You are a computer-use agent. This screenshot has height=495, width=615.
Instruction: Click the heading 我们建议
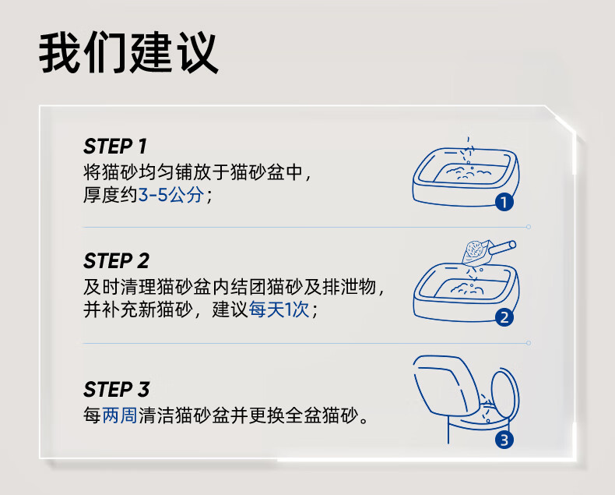[128, 53]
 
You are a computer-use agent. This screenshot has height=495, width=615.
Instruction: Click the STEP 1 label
[115, 147]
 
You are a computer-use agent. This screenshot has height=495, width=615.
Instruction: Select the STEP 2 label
[116, 261]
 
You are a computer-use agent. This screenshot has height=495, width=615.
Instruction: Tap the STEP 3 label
[117, 389]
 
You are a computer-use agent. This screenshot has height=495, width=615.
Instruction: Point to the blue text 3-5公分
[171, 195]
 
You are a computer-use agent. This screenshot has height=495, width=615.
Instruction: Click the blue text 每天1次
[279, 309]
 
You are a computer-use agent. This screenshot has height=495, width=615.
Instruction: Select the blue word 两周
[120, 415]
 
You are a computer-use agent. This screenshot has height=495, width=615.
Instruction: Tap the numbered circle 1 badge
[504, 202]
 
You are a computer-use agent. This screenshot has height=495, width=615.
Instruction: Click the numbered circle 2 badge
[504, 317]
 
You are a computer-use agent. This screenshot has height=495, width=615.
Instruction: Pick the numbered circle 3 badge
[504, 440]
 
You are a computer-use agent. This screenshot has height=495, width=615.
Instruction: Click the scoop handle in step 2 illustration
[502, 248]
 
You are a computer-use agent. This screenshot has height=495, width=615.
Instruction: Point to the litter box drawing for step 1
[466, 177]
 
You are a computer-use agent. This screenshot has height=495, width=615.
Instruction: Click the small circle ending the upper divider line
[529, 227]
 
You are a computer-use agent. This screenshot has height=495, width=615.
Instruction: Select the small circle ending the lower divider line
[529, 343]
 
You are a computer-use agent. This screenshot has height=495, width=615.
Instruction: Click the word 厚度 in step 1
[101, 195]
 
